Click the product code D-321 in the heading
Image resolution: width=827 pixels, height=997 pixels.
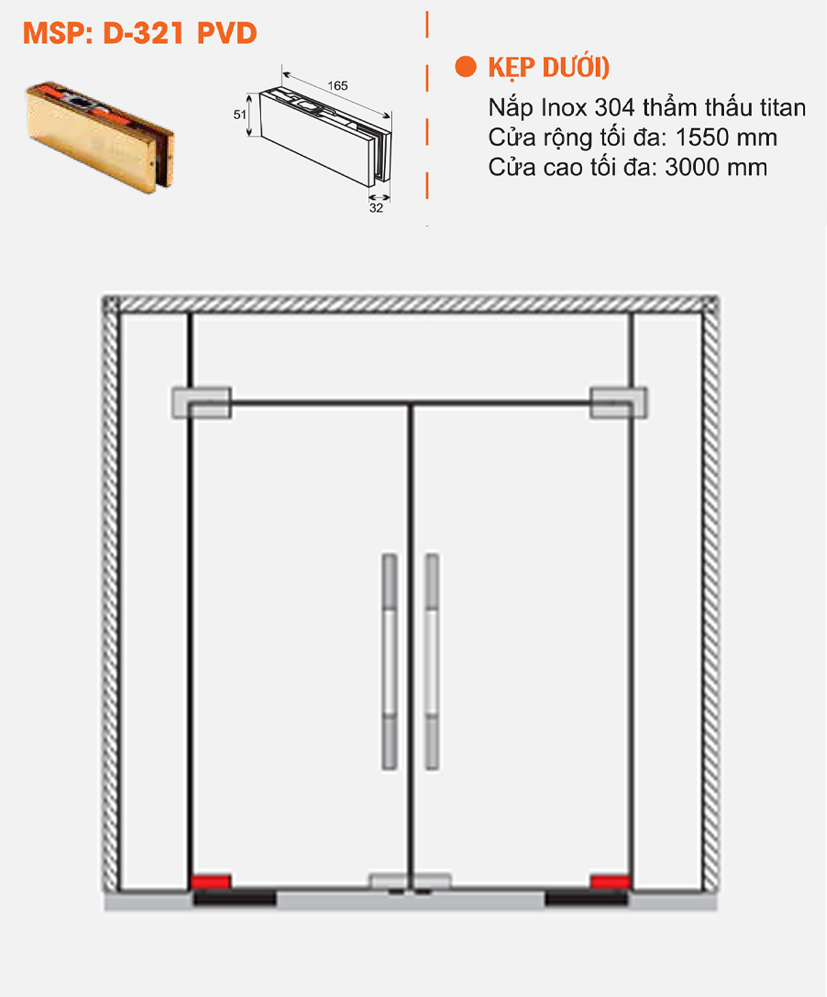[x=143, y=33]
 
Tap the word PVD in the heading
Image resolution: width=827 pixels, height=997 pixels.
[x=227, y=33]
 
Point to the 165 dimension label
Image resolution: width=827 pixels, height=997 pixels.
[x=338, y=86]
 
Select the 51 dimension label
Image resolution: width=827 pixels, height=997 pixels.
[x=240, y=114]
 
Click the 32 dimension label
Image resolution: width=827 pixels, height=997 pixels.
[x=376, y=208]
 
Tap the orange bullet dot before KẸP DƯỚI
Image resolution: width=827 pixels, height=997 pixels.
[x=466, y=67]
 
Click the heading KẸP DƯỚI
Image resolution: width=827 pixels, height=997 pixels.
[x=549, y=68]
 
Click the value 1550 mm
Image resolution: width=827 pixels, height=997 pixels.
[x=726, y=138]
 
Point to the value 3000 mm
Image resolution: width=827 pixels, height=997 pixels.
[x=715, y=167]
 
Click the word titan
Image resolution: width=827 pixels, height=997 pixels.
[x=782, y=108]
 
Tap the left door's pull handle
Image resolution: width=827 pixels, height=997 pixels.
[x=389, y=661]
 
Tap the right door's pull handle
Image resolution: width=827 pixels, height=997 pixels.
[x=431, y=661]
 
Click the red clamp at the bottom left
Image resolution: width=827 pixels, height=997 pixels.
[x=210, y=882]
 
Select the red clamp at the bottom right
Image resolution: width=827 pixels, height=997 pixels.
[x=610, y=882]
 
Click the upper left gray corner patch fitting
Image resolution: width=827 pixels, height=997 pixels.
[x=201, y=403]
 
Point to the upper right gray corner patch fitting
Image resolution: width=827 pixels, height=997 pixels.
[x=618, y=403]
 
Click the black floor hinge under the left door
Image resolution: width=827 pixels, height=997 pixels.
[x=234, y=898]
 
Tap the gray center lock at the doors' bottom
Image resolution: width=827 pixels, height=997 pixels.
[x=410, y=882]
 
